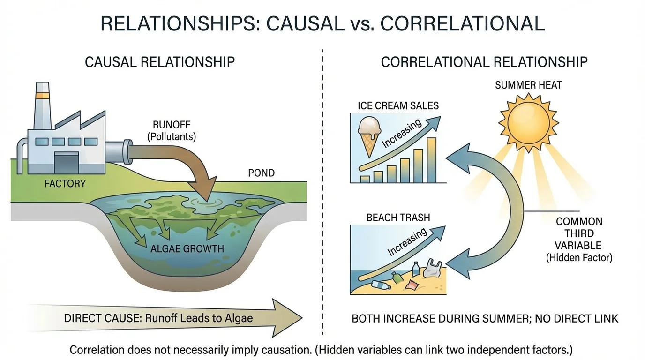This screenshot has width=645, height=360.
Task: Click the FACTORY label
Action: [x=65, y=183]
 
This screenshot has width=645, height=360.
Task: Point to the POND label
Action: [x=261, y=173]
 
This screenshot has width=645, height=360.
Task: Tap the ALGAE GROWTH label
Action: [x=187, y=248]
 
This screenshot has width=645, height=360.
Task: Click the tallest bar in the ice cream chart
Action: [x=431, y=160]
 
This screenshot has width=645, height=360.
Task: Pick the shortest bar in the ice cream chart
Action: [x=364, y=179]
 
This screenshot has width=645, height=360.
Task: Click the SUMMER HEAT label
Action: [x=528, y=85]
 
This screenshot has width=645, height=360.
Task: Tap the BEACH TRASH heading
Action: [x=398, y=217]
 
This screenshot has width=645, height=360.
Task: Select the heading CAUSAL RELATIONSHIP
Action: [x=160, y=62]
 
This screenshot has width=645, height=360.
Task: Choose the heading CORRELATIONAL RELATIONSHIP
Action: [x=484, y=62]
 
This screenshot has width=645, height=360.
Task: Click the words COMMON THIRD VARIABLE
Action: [x=579, y=233]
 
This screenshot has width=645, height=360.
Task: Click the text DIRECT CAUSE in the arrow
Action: [x=102, y=318]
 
